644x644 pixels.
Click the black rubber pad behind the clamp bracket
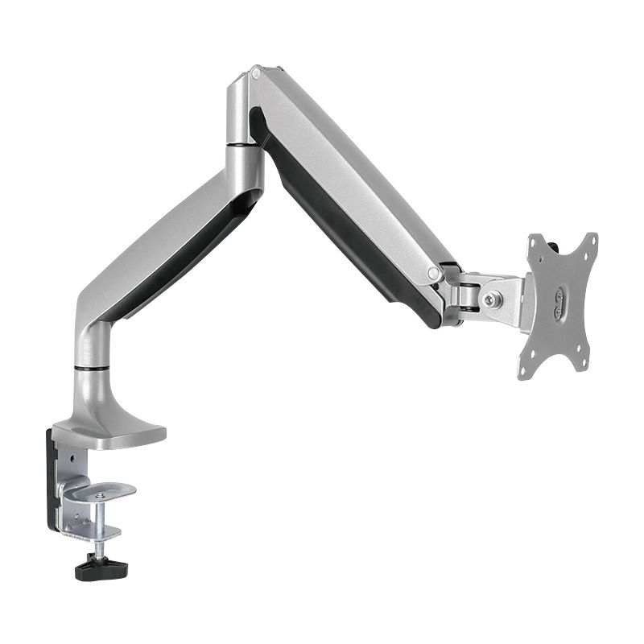pyautogui.click(x=52, y=475)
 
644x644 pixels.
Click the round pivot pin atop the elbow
pyautogui.click(x=256, y=73)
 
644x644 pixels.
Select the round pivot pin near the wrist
pyautogui.click(x=434, y=274)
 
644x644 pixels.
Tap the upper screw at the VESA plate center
pyautogui.click(x=556, y=295)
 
